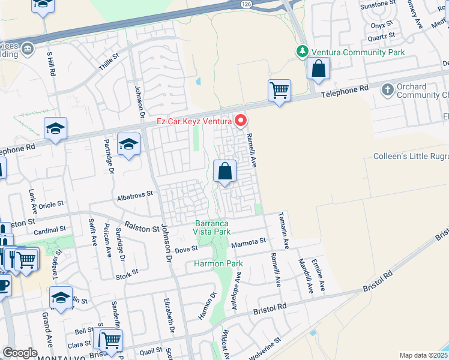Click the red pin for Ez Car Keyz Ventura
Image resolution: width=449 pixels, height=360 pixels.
[x=241, y=121]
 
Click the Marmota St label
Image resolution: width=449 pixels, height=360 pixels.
[x=249, y=241]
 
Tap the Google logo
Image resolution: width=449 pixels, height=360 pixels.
[x=20, y=353]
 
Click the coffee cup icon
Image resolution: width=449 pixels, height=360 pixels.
[x=3, y=285]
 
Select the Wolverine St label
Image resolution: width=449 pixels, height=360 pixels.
[x=265, y=350]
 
